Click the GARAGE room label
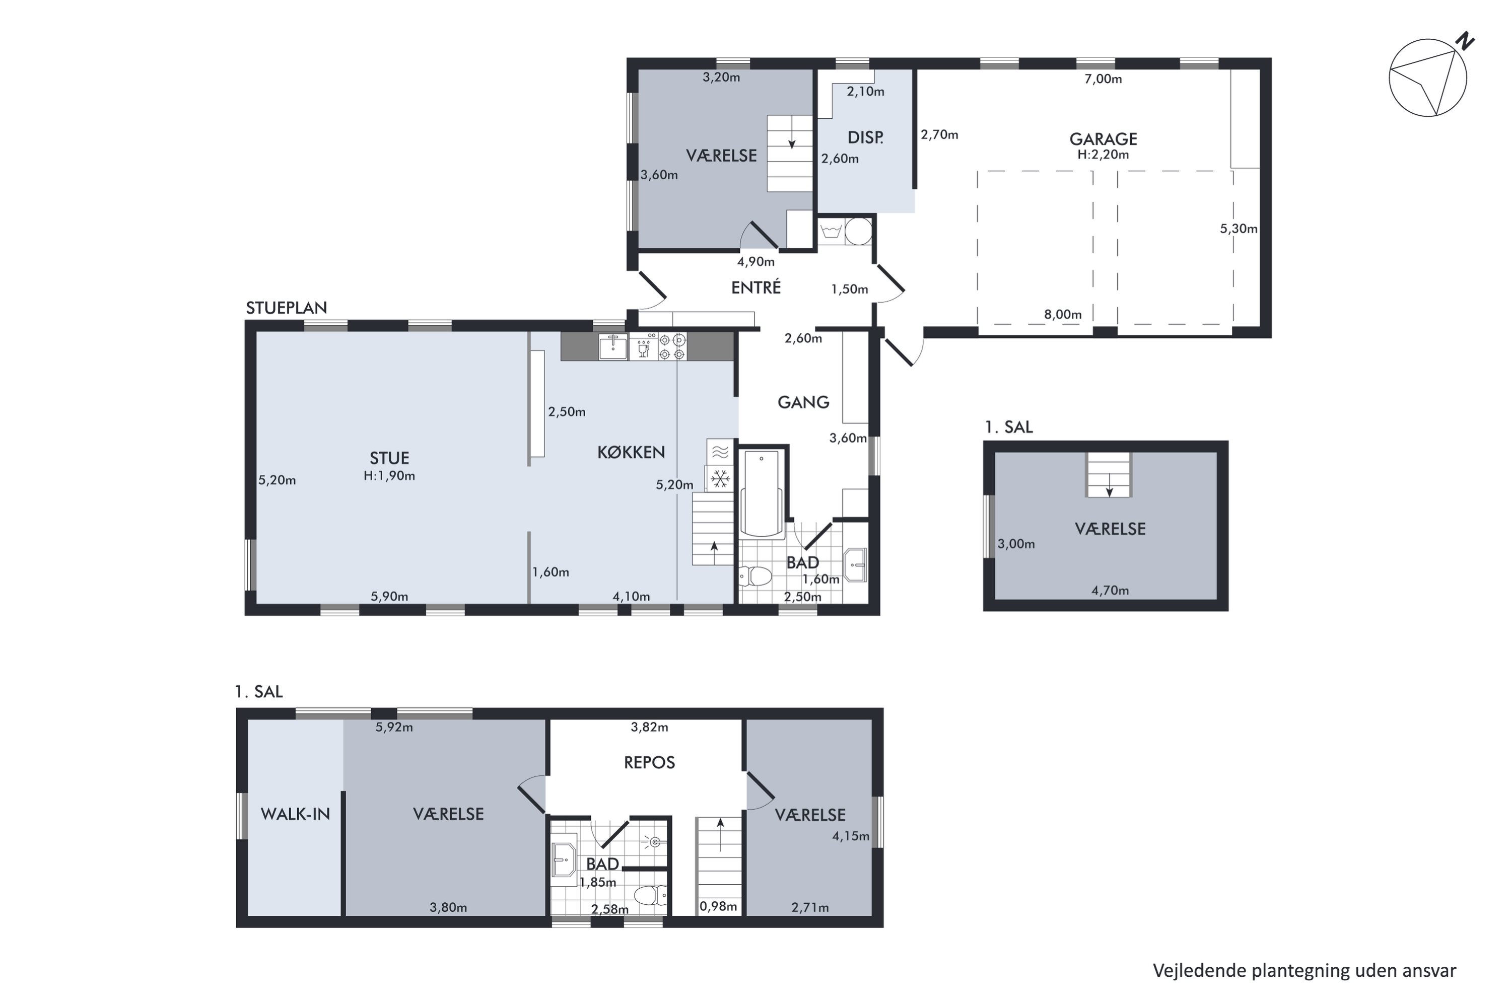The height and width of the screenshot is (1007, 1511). coord(1103,139)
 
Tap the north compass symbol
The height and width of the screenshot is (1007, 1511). coord(1430,76)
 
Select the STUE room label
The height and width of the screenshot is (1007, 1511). coord(389,458)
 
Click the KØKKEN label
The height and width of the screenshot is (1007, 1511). coord(631,452)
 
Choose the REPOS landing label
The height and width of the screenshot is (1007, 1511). coord(650,762)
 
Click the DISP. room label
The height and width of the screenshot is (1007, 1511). coord(865,137)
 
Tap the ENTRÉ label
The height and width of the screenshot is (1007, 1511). coord(756,287)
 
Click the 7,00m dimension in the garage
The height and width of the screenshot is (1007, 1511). coord(1103,79)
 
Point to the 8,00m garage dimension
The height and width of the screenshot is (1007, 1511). coord(1063,315)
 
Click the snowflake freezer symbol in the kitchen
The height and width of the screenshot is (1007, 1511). coord(720,478)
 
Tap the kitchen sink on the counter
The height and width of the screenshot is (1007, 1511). coord(613,347)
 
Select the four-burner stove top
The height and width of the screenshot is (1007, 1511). coord(672,347)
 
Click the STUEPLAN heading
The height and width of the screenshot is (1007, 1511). coord(287,308)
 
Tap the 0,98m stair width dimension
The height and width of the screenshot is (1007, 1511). coord(718,907)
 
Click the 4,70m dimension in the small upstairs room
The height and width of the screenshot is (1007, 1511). coord(1110,590)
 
